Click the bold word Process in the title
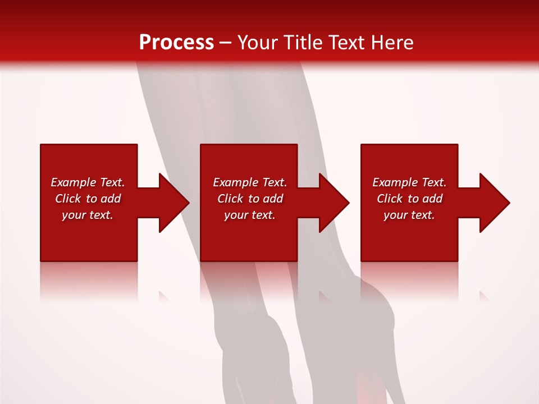pyautogui.click(x=176, y=43)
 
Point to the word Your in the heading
pyautogui.click(x=259, y=43)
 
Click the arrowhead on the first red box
pyautogui.click(x=172, y=203)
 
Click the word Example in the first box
pyautogui.click(x=73, y=182)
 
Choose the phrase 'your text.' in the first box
pyautogui.click(x=88, y=215)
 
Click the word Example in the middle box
pyautogui.click(x=235, y=182)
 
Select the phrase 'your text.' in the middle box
pyautogui.click(x=250, y=215)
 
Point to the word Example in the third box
pyautogui.click(x=395, y=182)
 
